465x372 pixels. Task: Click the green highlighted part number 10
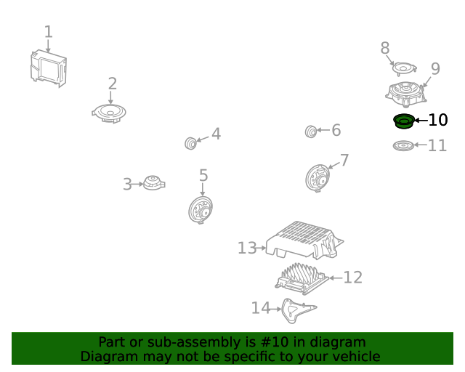click(404, 121)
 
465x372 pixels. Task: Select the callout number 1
click(49, 31)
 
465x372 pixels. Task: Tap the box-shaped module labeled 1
click(49, 68)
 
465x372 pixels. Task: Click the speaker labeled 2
click(109, 113)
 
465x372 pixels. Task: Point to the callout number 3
click(127, 185)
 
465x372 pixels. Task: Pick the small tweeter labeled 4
click(190, 143)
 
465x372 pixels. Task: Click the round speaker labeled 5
click(201, 210)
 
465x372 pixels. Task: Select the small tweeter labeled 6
click(311, 132)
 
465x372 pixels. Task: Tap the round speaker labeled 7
click(318, 178)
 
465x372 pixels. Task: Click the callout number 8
click(385, 48)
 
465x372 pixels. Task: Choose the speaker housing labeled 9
click(406, 94)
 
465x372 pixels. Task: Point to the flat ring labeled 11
click(403, 145)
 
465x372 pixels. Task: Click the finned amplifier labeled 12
click(302, 279)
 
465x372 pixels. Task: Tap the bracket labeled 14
click(297, 310)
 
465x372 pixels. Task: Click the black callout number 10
click(438, 120)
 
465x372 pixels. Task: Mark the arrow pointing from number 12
click(336, 278)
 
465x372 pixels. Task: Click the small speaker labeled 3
click(154, 183)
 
